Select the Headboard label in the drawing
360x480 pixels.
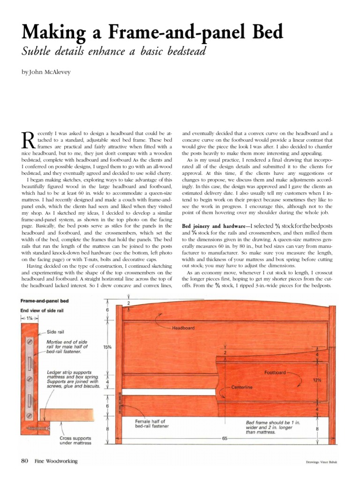click(183, 328)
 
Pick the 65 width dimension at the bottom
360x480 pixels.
click(225, 438)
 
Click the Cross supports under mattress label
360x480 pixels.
click(76, 440)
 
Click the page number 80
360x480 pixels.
click(25, 461)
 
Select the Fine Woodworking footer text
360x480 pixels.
click(56, 461)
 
